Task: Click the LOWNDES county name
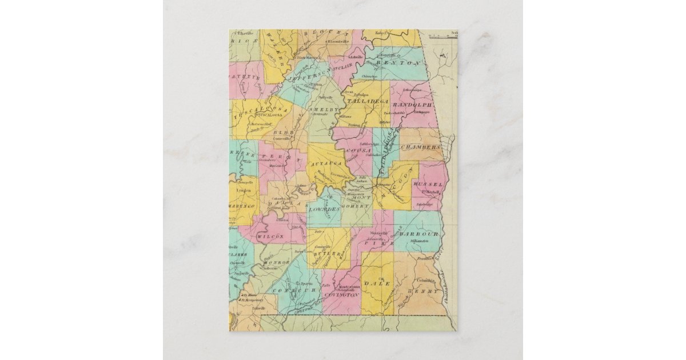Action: (x=324, y=209)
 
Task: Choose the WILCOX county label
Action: (x=270, y=237)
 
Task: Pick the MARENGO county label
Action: (x=241, y=205)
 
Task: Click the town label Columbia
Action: (x=425, y=281)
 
